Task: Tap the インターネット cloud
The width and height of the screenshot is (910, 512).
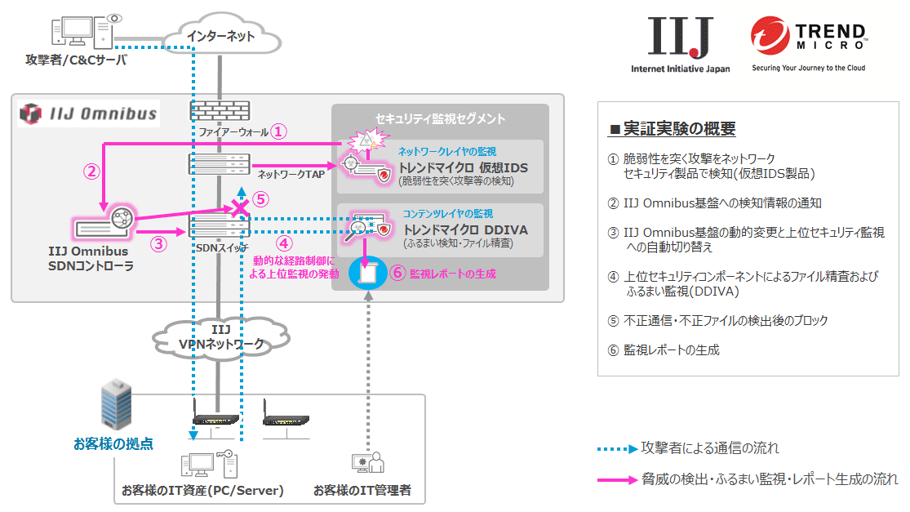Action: (220, 36)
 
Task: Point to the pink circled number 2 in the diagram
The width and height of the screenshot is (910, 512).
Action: (92, 171)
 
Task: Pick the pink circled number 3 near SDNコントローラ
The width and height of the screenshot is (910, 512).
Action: (160, 243)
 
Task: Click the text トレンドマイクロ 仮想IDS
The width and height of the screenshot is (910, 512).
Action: (463, 167)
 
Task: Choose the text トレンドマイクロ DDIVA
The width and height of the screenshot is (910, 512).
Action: (465, 230)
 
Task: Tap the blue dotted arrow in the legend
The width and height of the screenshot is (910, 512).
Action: (618, 448)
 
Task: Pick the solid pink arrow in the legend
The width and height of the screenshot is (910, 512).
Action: (618, 479)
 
